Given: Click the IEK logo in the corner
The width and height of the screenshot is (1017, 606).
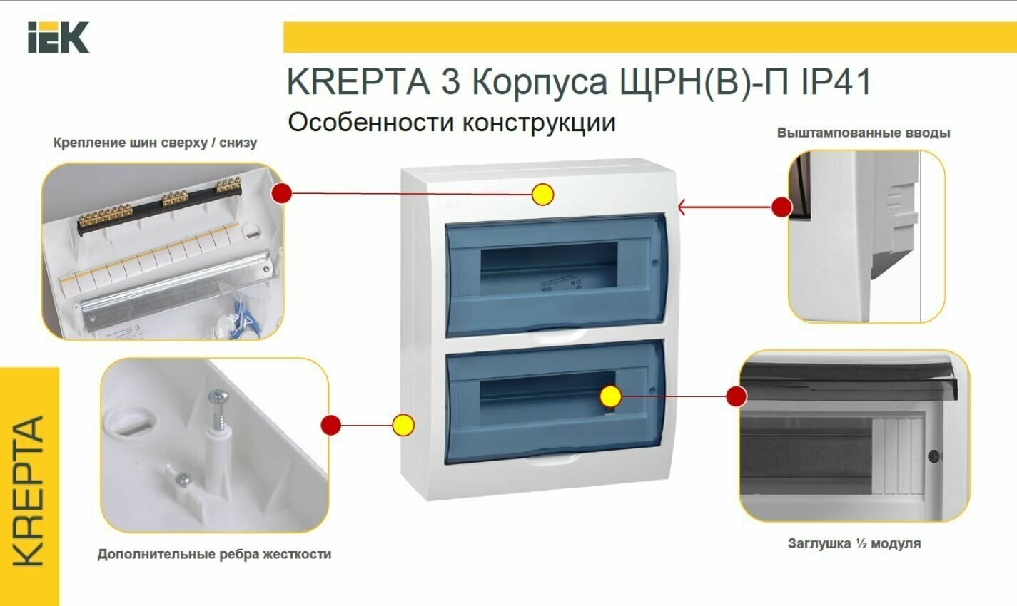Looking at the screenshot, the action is coord(59,37).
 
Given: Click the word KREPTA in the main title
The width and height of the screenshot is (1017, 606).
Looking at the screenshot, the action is coord(358,83).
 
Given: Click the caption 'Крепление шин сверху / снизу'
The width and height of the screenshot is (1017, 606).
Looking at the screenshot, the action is coord(155,143).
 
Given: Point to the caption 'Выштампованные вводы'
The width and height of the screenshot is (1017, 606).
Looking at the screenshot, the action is coord(864,133).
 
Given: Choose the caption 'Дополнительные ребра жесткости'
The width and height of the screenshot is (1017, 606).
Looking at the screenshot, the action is coord(214,554).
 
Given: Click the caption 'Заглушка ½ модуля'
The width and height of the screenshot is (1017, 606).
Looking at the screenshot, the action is coord(854,543).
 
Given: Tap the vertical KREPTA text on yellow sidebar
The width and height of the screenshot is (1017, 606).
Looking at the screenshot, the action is coord(29,491).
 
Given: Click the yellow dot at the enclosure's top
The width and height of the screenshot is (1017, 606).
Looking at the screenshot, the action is coord(543,194).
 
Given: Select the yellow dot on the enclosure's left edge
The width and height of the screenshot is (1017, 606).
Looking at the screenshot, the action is coord(403,426).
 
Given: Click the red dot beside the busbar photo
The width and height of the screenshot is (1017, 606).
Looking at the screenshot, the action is coord(282,192).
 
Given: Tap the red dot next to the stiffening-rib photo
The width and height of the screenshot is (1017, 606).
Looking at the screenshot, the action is coord(330,426).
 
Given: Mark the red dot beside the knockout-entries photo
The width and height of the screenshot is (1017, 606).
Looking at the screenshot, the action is coord(782,207).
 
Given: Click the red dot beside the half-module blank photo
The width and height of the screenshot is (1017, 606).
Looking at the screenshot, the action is coord(737,396).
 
